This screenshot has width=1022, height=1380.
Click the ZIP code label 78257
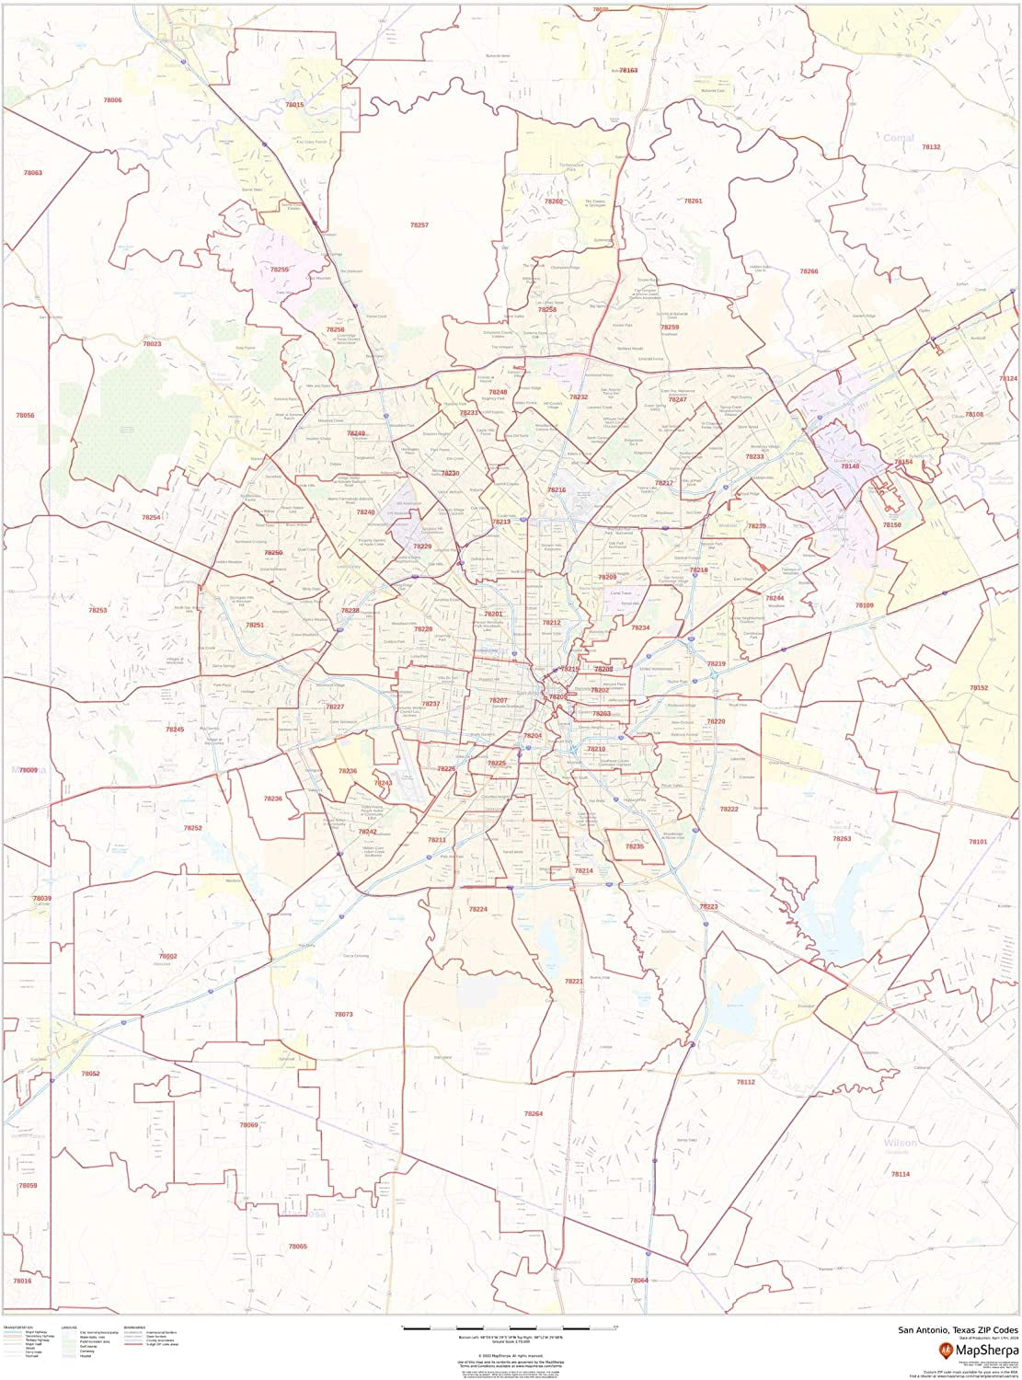click(419, 224)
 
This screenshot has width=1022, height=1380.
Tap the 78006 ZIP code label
click(112, 99)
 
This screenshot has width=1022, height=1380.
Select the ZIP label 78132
click(931, 147)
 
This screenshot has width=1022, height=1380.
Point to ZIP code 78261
click(693, 201)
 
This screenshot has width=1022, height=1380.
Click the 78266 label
click(809, 271)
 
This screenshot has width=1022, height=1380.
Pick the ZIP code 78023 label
click(152, 343)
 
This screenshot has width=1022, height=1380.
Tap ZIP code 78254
click(151, 517)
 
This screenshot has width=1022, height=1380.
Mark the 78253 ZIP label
click(98, 610)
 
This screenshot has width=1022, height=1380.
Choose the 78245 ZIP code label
click(175, 729)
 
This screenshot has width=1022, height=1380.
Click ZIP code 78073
click(343, 1014)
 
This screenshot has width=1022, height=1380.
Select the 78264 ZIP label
click(534, 1113)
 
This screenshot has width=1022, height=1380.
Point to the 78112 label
click(745, 1082)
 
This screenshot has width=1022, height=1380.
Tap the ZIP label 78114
click(900, 1174)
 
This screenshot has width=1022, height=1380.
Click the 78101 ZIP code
click(977, 841)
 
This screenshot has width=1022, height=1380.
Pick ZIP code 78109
click(864, 605)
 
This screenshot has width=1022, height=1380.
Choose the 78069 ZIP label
click(249, 1125)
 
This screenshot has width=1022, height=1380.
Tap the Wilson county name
click(900, 1142)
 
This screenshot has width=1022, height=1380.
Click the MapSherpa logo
click(973, 1350)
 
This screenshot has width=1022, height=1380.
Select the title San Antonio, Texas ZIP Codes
click(959, 1329)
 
